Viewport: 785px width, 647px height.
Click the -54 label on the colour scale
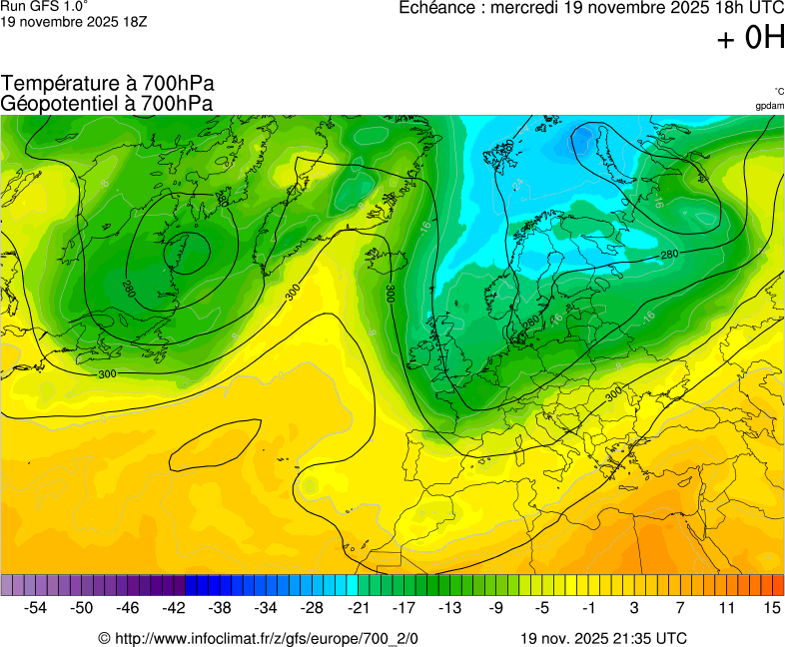[x=36, y=607]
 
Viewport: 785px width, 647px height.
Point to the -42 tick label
[x=174, y=607]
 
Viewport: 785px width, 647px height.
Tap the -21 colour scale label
[x=358, y=607]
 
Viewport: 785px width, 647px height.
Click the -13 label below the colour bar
[x=450, y=607]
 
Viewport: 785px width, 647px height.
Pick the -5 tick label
[x=542, y=607]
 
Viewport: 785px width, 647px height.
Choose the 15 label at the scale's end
[x=771, y=607]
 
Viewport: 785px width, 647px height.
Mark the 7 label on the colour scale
[x=679, y=607]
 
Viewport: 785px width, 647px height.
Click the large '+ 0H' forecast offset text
[x=751, y=38]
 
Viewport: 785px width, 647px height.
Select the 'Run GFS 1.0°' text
[x=44, y=6]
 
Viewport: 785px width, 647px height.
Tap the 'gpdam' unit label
[x=770, y=105]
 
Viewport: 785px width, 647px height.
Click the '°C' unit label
[x=778, y=91]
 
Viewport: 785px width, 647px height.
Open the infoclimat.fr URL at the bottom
[x=265, y=638]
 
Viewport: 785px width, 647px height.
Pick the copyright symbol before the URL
[x=104, y=638]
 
